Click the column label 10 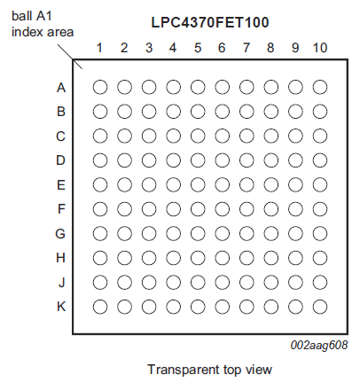(x=320, y=48)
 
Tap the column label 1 (x=99, y=48)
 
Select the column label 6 (x=222, y=48)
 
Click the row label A (x=61, y=88)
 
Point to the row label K (x=61, y=307)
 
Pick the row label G (x=60, y=234)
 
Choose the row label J (x=61, y=283)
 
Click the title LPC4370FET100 (x=210, y=22)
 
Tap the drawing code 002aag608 (x=319, y=345)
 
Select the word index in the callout (x=25, y=32)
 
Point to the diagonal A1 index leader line (x=70, y=57)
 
